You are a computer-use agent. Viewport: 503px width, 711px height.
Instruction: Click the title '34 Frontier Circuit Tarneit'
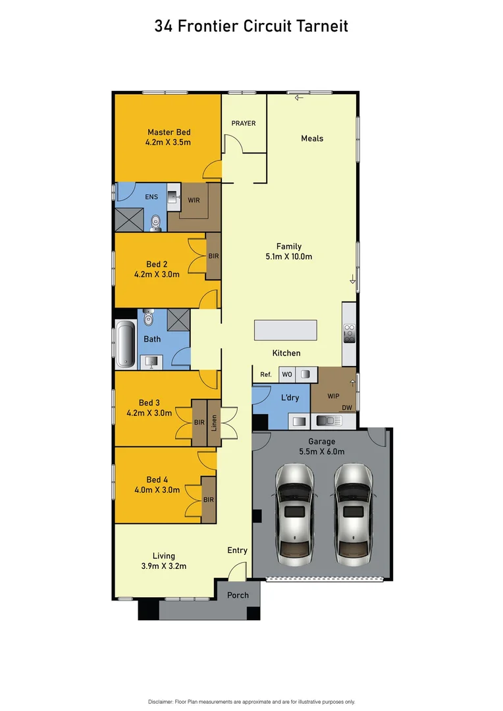251,26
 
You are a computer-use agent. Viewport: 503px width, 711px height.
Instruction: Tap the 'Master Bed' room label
169,132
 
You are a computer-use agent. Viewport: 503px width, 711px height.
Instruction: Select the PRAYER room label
243,123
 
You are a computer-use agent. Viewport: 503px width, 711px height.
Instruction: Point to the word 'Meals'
312,138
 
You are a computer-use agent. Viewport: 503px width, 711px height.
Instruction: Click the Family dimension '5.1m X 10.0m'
288,257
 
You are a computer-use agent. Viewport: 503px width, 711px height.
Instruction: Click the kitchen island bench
285,330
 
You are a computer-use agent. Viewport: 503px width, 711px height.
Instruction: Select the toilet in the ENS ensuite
155,223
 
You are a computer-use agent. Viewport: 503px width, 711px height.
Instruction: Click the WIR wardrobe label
194,200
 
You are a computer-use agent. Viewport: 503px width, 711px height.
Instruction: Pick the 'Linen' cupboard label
214,421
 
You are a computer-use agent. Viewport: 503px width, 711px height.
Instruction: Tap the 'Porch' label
238,595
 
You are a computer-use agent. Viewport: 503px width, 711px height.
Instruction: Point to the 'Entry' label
237,550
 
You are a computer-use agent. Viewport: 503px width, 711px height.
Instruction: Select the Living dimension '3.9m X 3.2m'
164,566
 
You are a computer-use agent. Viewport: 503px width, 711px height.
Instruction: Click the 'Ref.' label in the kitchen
265,375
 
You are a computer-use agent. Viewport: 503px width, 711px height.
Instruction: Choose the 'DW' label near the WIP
347,408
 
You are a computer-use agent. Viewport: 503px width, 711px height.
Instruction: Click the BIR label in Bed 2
213,256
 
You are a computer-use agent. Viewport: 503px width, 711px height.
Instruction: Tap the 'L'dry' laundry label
290,398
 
